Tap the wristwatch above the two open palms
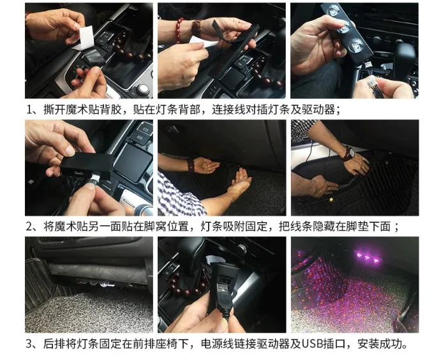pos(190,165)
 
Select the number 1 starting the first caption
pos(29,109)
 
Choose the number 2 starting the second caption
pos(29,227)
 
